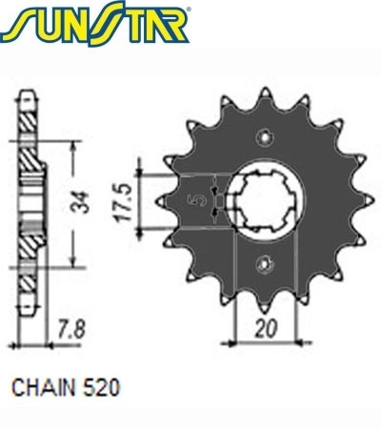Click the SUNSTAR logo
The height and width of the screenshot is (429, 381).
pyautogui.click(x=95, y=24)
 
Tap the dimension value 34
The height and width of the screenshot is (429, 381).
pyautogui.click(x=78, y=202)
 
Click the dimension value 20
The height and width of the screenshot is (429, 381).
pyautogui.click(x=266, y=328)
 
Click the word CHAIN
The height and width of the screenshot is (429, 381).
pyautogui.click(x=44, y=387)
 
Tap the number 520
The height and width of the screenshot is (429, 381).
pyautogui.click(x=102, y=387)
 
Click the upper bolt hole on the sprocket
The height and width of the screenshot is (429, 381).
pyautogui.click(x=265, y=137)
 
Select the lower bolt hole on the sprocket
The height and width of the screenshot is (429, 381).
pyautogui.click(x=265, y=263)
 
